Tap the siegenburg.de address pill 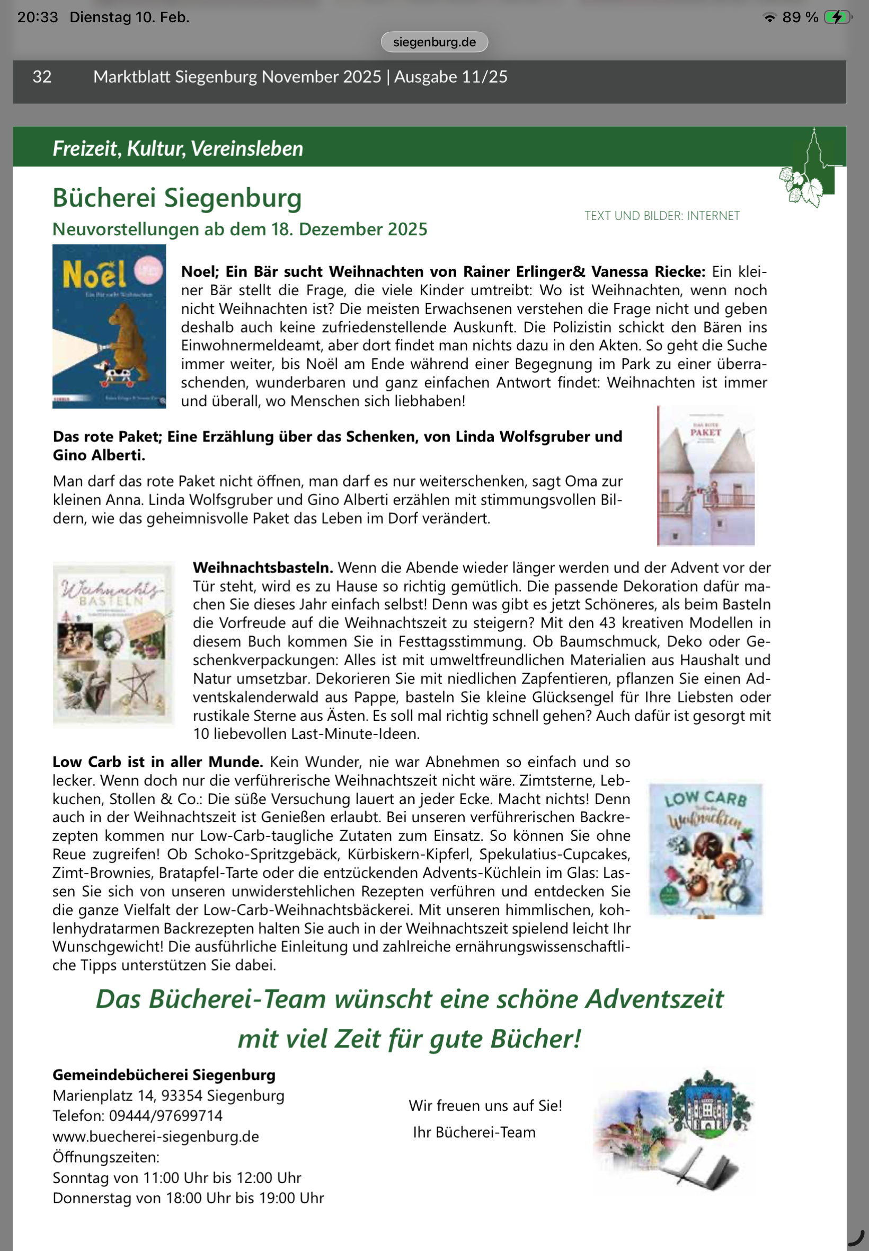tap(434, 42)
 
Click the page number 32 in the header tap(42, 77)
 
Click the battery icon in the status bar tap(837, 17)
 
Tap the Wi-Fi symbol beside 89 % tap(769, 18)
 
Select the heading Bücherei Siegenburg tap(177, 198)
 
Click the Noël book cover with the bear tap(109, 326)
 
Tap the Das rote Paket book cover tap(706, 476)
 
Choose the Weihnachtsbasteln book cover tap(113, 644)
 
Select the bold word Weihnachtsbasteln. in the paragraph tap(262, 568)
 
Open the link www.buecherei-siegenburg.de tap(156, 1137)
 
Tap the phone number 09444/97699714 tap(165, 1116)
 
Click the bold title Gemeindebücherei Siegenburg tap(164, 1075)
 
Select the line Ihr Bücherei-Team tap(474, 1132)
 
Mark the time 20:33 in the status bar tap(38, 17)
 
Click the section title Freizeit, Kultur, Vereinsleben tap(178, 148)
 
